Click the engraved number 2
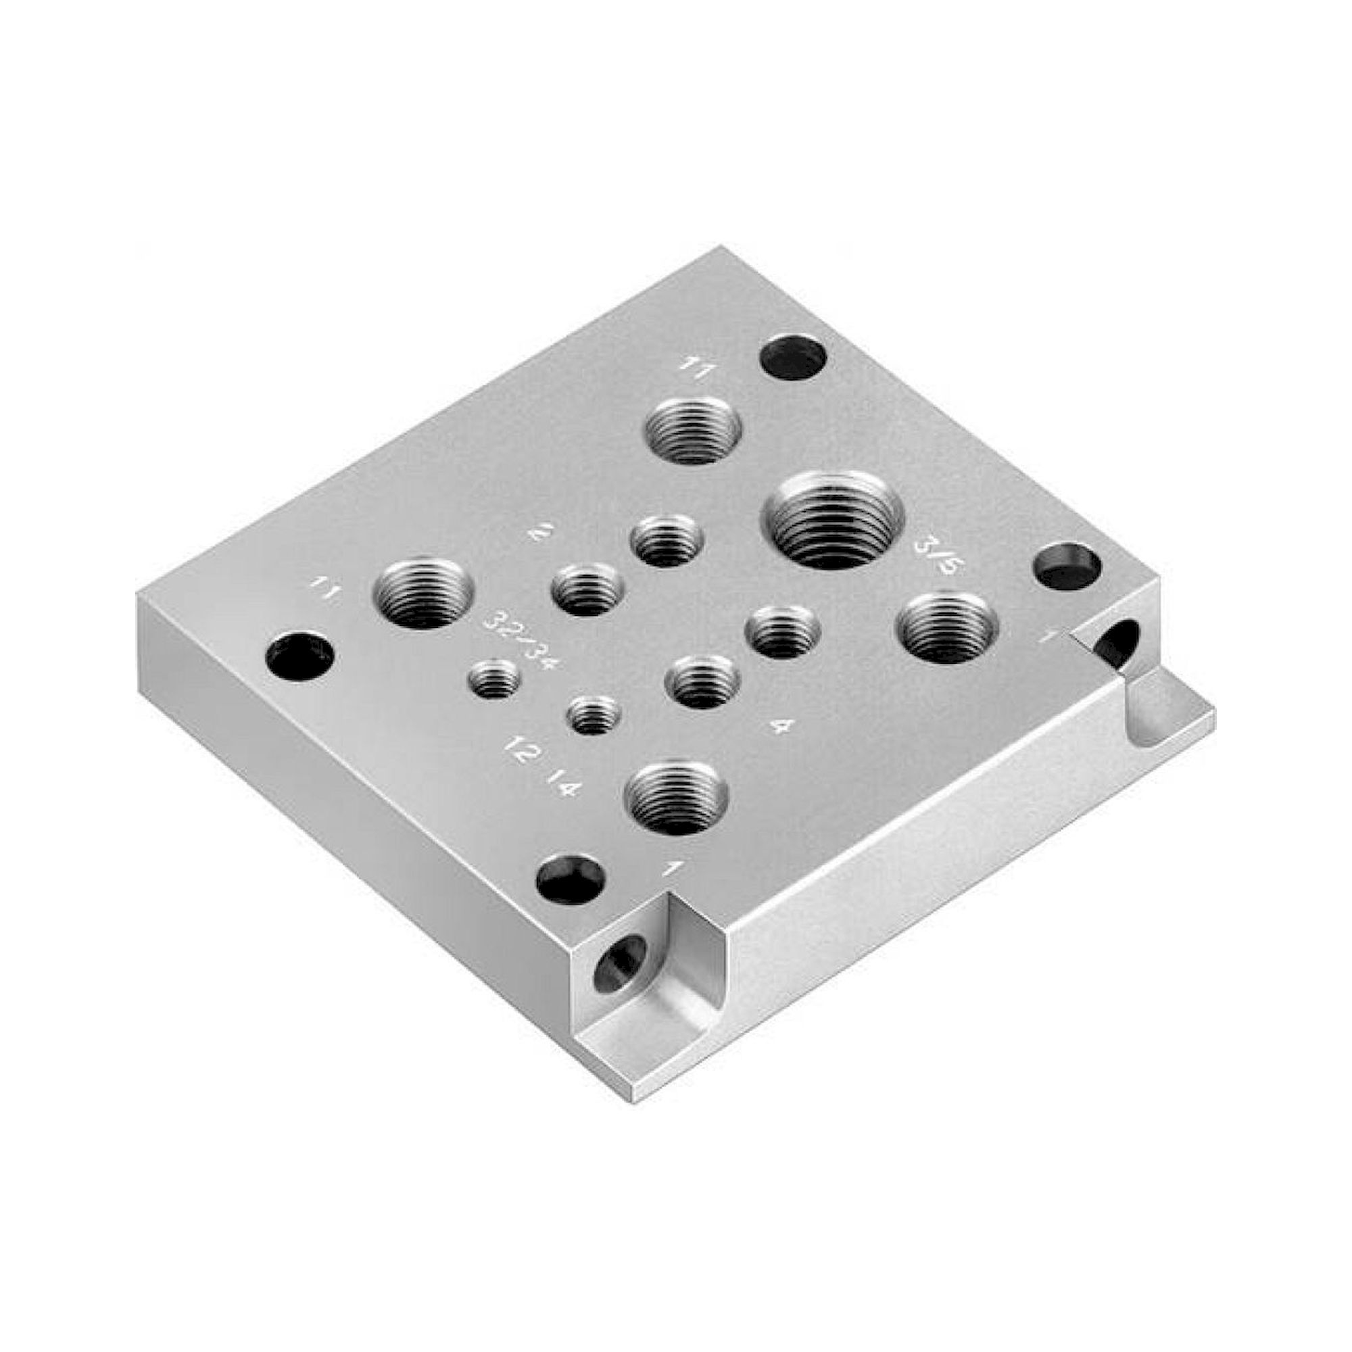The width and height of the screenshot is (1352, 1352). [x=539, y=535]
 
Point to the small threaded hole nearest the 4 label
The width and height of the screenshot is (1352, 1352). [x=702, y=681]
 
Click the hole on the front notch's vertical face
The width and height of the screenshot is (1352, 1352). [x=621, y=965]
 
